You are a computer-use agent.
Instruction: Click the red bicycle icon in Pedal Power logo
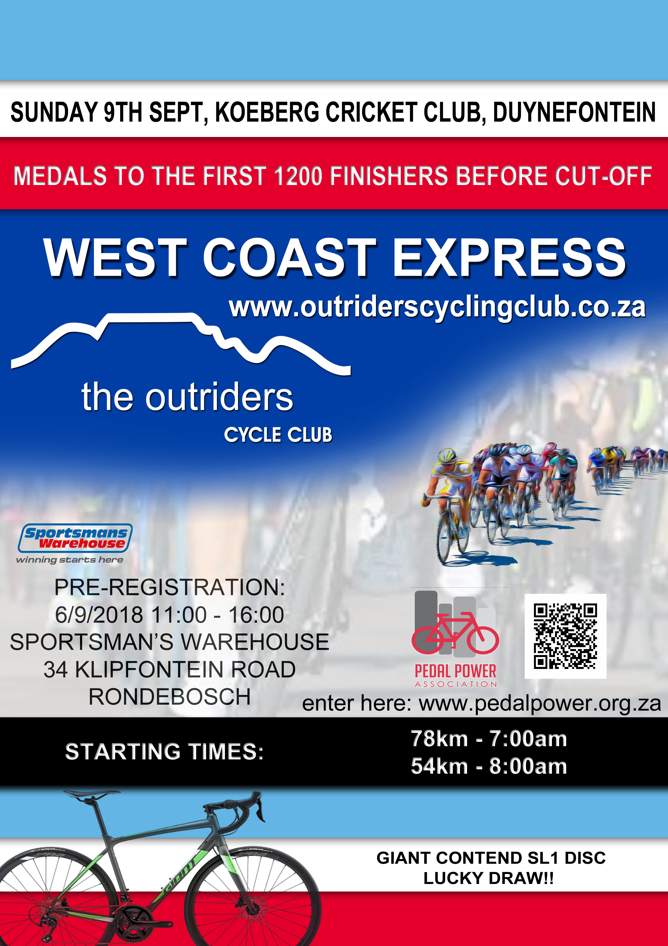tap(455, 633)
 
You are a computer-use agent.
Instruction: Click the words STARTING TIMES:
tap(165, 752)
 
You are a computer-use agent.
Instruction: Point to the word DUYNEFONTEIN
tap(574, 112)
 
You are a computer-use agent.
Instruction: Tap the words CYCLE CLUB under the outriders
tap(278, 435)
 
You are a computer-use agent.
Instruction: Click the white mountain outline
tap(181, 342)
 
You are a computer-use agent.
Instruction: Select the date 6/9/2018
tap(99, 615)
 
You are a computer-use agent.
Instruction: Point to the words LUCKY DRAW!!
tap(489, 878)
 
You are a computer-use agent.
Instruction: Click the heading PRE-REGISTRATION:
tap(170, 587)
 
